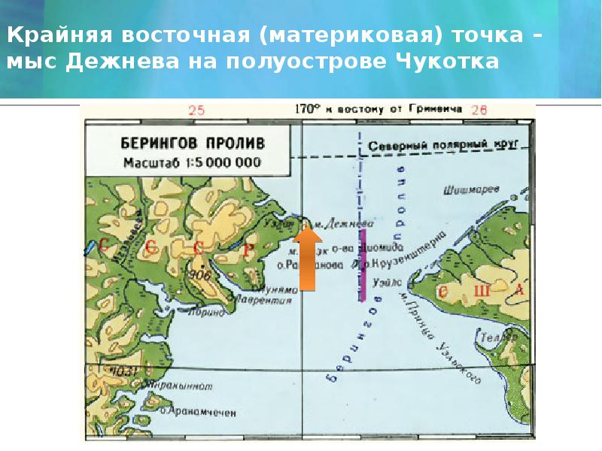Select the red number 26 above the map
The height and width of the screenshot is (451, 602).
click(479, 110)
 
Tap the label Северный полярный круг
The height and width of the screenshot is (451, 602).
click(430, 145)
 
